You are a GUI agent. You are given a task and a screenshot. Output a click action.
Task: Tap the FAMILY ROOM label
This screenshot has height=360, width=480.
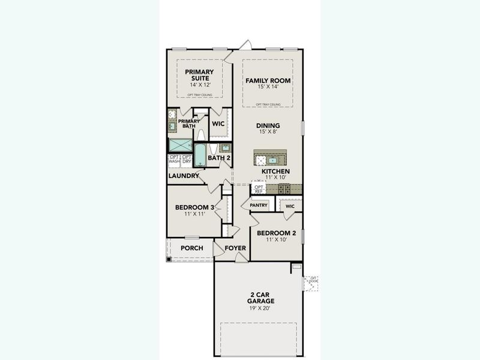(268, 80)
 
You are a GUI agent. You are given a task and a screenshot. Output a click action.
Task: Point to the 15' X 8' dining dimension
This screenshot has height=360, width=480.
(268, 131)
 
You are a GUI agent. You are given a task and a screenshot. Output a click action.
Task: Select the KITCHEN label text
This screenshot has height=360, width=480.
(275, 172)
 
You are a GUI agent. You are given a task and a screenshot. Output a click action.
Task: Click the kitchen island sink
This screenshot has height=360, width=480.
(272, 160)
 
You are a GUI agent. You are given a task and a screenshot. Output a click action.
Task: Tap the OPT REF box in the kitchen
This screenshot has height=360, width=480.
(259, 189)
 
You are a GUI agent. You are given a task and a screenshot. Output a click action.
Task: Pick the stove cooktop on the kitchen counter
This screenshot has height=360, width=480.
(284, 188)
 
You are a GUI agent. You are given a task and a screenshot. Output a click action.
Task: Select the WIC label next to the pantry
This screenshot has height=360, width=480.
(290, 206)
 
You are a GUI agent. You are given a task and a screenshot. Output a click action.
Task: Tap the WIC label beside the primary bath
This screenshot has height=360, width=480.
(218, 124)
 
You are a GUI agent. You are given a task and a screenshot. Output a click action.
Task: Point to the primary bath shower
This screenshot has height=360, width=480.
(179, 146)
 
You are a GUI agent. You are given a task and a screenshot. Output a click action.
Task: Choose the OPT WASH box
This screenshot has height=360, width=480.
(174, 160)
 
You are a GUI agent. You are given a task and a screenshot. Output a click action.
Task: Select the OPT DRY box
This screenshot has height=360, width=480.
(187, 160)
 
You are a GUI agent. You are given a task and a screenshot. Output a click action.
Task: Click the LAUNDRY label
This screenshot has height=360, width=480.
(183, 176)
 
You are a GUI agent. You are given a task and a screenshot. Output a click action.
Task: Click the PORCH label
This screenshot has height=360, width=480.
(191, 248)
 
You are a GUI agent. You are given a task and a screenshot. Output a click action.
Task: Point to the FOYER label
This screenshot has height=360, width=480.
(236, 248)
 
